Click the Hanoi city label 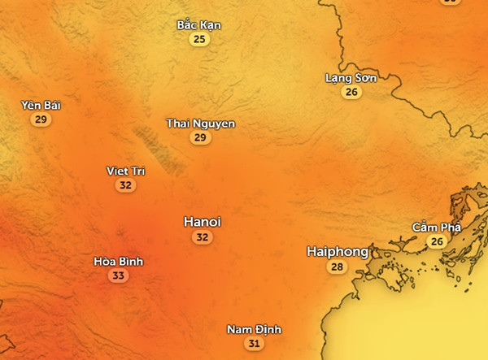(x=203, y=222)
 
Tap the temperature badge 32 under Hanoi (x=203, y=237)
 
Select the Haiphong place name (x=338, y=252)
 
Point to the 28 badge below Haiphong (x=337, y=267)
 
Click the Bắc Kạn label (x=198, y=25)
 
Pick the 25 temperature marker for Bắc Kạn (x=198, y=39)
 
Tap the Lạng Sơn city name (x=351, y=78)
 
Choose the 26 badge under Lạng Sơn (x=351, y=93)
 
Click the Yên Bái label (x=41, y=106)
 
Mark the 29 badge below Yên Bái (x=41, y=120)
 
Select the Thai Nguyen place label (x=201, y=124)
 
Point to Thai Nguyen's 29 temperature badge (x=201, y=138)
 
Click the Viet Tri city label (x=125, y=171)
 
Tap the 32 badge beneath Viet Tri (x=125, y=185)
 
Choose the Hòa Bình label (x=119, y=262)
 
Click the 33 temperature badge (x=119, y=276)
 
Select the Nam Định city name (x=254, y=330)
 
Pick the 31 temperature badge (x=254, y=344)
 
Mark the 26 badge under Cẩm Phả (x=437, y=242)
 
